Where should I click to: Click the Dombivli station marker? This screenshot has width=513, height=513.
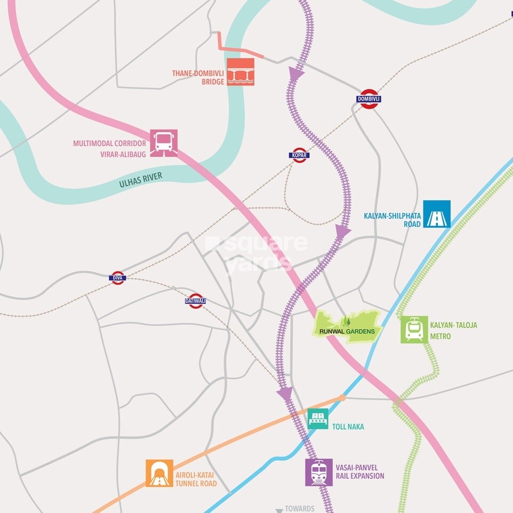pyautogui.click(x=369, y=99)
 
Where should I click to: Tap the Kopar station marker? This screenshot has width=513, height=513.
pyautogui.click(x=299, y=155)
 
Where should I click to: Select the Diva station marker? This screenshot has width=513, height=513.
pyautogui.click(x=118, y=278)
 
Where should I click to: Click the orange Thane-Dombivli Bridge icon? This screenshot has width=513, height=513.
pyautogui.click(x=241, y=72)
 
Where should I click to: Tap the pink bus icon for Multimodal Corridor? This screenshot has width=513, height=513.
pyautogui.click(x=164, y=143)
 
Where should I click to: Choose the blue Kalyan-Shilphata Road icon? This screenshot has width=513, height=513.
pyautogui.click(x=437, y=214)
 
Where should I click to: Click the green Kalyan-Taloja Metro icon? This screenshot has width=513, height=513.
pyautogui.click(x=414, y=330)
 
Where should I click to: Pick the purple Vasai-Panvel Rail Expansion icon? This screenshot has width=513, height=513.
pyautogui.click(x=319, y=472)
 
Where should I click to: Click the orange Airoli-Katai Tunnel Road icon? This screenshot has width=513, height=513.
pyautogui.click(x=159, y=473)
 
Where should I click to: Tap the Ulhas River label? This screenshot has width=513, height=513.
pyautogui.click(x=141, y=180)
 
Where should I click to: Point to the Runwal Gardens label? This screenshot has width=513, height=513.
pyautogui.click(x=348, y=331)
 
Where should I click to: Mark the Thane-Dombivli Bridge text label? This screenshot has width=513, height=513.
pyautogui.click(x=197, y=77)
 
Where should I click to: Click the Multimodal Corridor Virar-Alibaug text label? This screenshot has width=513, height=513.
pyautogui.click(x=109, y=148)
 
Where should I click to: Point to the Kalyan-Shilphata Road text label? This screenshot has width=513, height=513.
pyautogui.click(x=392, y=220)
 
